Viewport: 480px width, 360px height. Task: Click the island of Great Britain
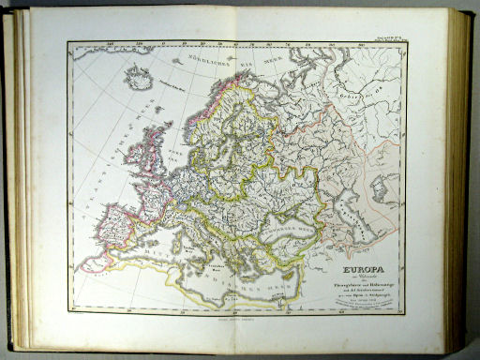click(144, 159)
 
